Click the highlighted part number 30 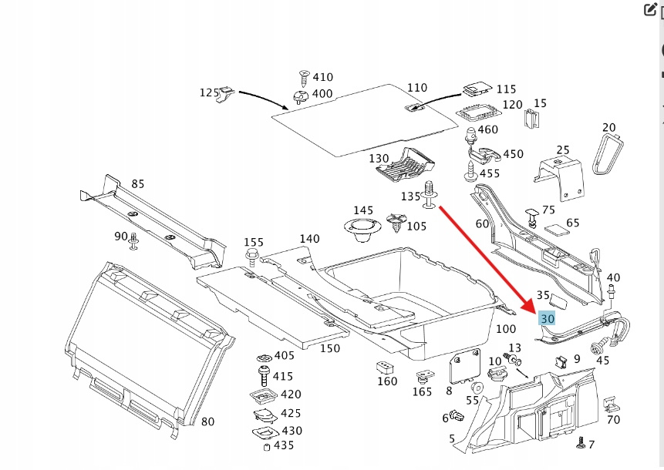(x=548, y=318)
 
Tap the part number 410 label (x=322, y=77)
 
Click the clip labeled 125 (x=227, y=93)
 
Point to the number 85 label (x=138, y=184)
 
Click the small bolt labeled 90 (x=133, y=241)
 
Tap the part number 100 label (x=506, y=329)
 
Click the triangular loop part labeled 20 (x=608, y=152)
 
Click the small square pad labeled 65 (x=556, y=230)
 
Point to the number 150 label (x=329, y=348)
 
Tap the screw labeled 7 (x=580, y=443)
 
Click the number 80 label (x=207, y=421)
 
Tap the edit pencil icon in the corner (x=649, y=10)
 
